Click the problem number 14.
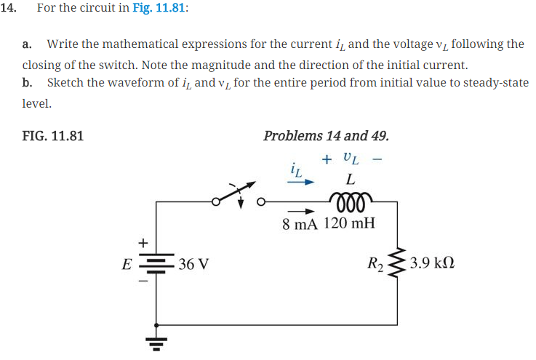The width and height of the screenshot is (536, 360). [11, 8]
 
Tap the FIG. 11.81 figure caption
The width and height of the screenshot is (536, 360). [52, 135]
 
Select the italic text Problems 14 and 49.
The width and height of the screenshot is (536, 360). [326, 135]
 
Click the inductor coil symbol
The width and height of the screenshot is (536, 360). [351, 199]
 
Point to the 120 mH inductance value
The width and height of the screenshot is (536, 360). [349, 223]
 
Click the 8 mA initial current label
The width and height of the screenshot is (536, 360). [299, 223]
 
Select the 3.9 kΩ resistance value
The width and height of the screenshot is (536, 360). [435, 263]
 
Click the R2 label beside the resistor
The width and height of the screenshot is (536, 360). [377, 263]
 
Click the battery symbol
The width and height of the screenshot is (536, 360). [157, 263]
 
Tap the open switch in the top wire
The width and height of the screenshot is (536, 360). [236, 196]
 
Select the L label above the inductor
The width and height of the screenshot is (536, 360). [351, 178]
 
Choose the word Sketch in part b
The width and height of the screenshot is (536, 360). [65, 82]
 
